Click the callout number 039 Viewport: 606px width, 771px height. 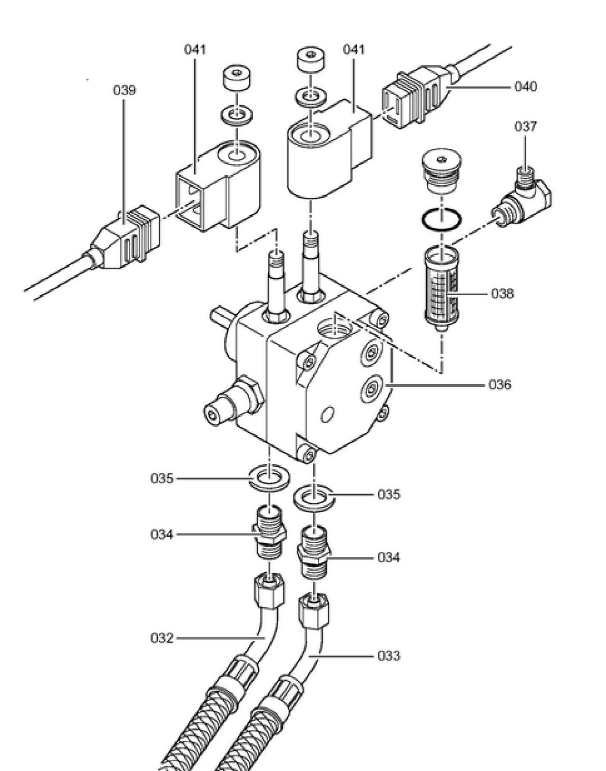124,90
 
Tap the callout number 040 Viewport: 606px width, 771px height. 526,87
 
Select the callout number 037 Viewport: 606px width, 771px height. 526,127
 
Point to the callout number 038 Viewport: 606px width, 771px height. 502,294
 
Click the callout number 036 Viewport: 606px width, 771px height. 500,385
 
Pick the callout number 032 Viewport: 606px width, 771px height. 162,639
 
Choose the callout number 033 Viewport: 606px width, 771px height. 389,656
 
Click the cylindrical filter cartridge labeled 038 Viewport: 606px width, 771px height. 442,288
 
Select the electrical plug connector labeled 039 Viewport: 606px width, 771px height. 125,239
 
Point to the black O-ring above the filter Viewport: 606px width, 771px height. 442,220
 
